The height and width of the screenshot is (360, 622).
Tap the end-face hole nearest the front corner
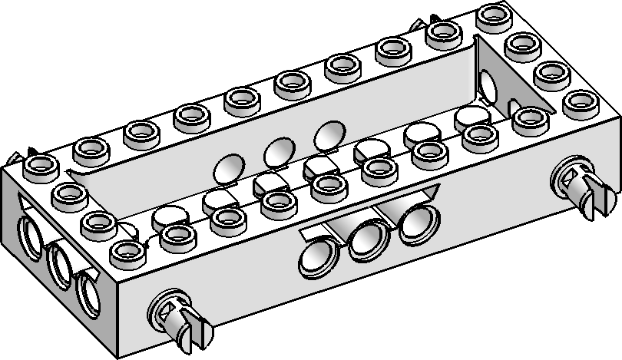(88, 292)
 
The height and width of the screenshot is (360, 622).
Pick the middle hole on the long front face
(366, 242)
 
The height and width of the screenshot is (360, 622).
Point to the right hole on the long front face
(415, 223)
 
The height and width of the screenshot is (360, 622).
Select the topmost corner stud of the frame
(489, 15)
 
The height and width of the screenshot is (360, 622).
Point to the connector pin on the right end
(584, 185)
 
